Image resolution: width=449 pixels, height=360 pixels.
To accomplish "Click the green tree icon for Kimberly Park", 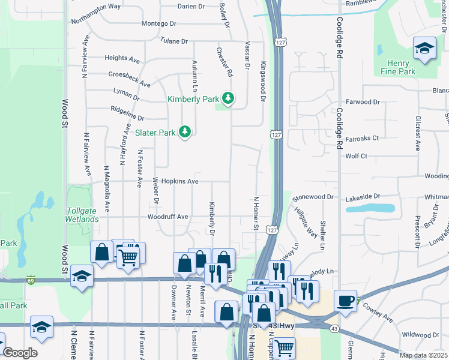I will (228, 97).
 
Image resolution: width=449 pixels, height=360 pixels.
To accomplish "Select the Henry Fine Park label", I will (398, 67).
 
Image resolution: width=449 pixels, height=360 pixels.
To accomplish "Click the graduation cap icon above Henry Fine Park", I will (424, 49).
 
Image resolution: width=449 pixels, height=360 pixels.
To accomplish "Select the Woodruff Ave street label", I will (168, 217).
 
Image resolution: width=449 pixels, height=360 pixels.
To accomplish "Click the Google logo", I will (19, 352).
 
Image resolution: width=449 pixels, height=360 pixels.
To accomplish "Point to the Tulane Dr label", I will (174, 41).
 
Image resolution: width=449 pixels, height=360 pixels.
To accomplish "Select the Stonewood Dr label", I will (312, 197).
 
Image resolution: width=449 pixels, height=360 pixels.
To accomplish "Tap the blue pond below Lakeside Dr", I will (370, 208).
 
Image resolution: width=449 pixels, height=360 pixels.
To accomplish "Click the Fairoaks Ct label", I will (359, 138).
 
